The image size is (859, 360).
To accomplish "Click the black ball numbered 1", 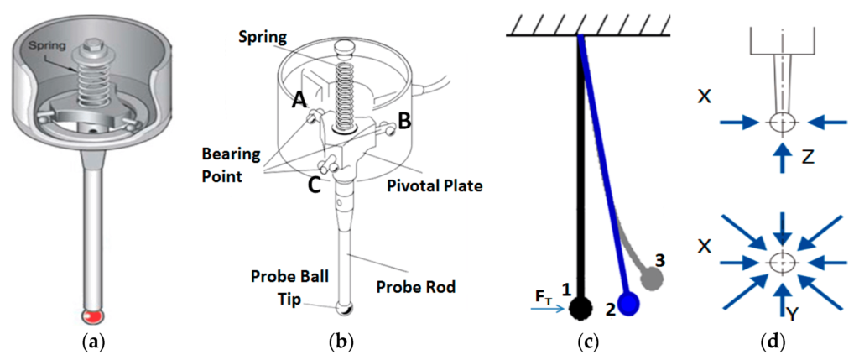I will coord(579,310).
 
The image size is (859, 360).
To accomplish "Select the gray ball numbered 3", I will coord(651,276).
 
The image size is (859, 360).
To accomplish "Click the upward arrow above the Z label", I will coord(783,153).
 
